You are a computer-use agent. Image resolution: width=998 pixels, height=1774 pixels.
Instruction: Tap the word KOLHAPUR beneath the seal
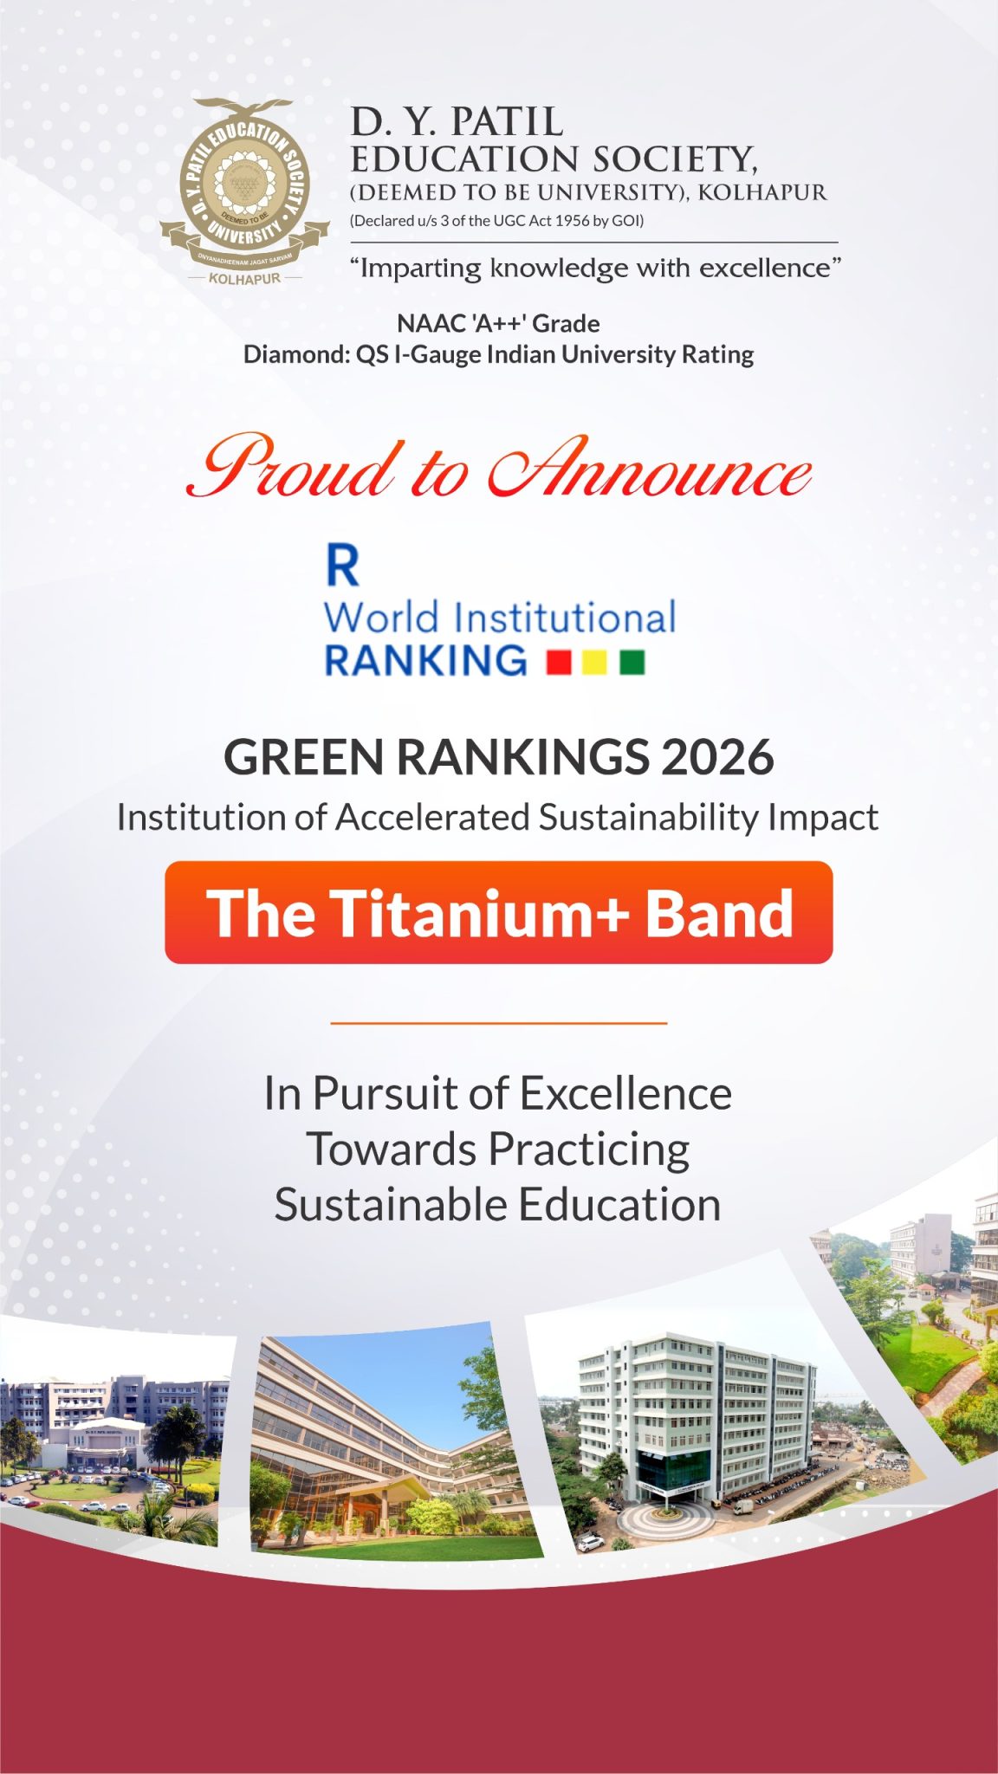coord(245,279)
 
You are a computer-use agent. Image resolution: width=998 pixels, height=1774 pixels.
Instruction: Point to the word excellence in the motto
coord(765,268)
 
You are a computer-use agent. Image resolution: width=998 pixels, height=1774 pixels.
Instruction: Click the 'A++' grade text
coord(498,323)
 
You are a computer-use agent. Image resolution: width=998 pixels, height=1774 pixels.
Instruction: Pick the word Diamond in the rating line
coord(295,354)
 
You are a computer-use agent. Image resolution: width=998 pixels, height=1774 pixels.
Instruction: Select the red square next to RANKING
coord(559,663)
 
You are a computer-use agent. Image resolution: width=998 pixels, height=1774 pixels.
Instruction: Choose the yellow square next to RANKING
coord(595,663)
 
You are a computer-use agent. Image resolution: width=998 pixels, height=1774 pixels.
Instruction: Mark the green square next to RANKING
coord(632,663)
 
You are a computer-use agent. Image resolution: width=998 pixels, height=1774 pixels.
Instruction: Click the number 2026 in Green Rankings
coord(717,757)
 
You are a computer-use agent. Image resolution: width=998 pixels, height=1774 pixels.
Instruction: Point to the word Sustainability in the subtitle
coord(637,818)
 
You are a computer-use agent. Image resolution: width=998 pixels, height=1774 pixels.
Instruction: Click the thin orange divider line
coord(499,1023)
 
